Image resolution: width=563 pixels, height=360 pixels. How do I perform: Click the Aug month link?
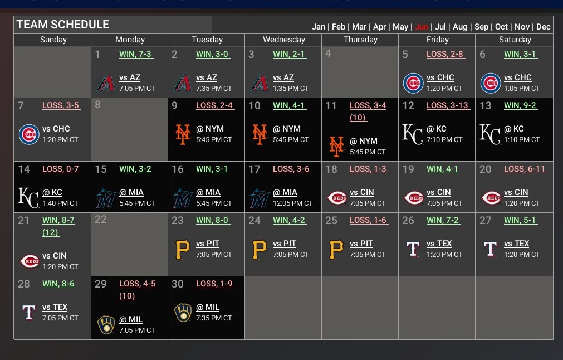460,27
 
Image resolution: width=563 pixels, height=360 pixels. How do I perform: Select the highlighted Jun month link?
422,27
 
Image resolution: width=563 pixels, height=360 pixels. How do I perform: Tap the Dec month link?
543,27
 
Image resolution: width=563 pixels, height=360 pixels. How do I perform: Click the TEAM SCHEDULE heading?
63,25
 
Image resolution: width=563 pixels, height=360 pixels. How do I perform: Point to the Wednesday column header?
283,40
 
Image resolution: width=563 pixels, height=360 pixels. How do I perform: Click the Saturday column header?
515,40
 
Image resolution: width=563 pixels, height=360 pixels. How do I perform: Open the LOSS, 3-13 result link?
447,105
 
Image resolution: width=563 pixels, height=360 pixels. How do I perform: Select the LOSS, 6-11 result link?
526,169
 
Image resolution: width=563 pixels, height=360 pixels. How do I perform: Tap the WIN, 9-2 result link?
521,105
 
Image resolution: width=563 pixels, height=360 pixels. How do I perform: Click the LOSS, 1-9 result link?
214,284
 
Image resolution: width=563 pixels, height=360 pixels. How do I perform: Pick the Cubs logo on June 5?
413,83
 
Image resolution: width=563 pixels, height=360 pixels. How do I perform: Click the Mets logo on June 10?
259,134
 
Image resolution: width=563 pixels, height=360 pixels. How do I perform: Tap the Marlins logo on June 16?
182,197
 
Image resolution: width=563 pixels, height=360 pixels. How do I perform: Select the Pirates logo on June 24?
259,249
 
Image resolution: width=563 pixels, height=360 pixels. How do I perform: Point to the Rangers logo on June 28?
28,312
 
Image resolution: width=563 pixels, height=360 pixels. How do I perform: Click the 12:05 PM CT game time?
292,203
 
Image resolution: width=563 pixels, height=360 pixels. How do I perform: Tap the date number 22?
101,220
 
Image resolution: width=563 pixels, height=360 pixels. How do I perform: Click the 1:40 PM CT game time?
60,203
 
